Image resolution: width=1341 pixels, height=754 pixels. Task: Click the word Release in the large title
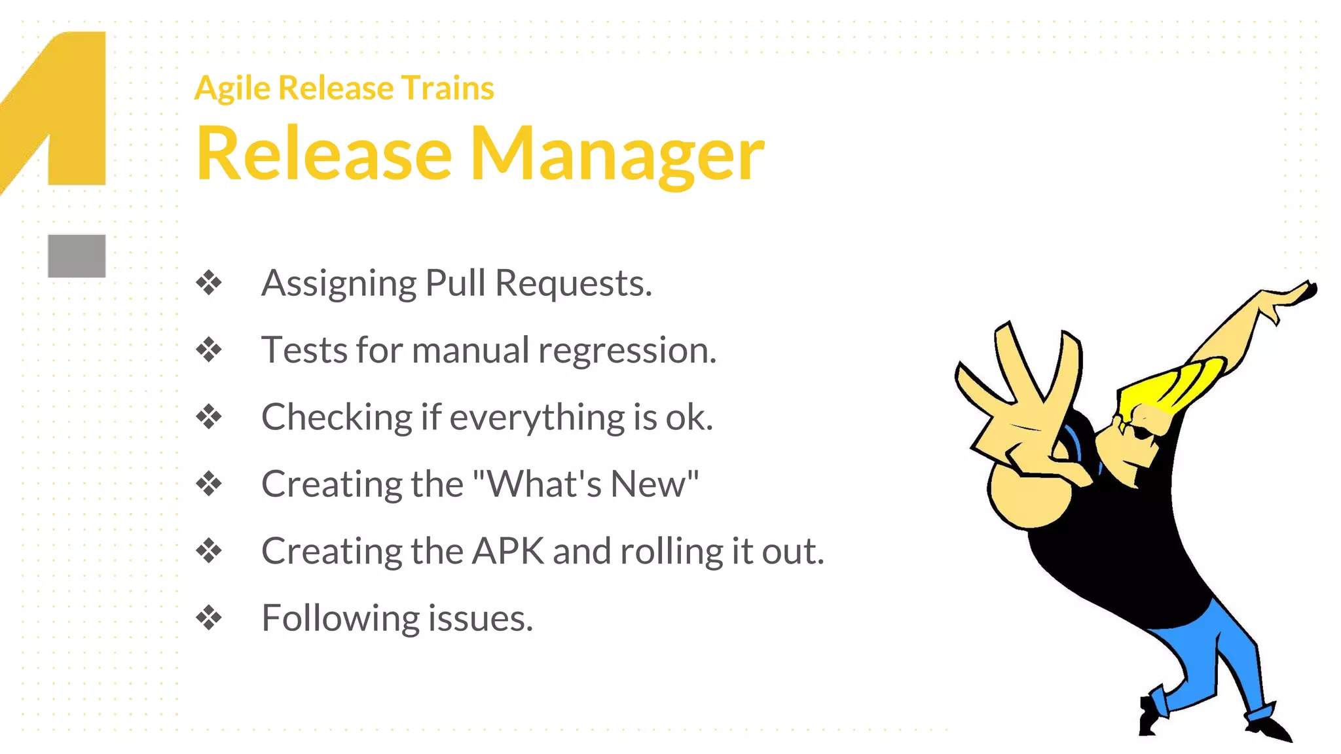(324, 154)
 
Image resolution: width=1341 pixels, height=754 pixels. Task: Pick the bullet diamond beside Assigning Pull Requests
(209, 283)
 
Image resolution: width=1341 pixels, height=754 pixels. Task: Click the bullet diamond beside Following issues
(209, 618)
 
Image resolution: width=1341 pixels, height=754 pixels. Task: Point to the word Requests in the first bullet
(573, 283)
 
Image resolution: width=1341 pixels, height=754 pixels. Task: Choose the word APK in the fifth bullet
(508, 551)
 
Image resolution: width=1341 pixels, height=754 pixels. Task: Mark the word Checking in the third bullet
(337, 418)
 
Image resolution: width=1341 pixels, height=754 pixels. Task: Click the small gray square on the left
(77, 256)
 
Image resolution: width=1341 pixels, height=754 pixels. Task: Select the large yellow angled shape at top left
(72, 105)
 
